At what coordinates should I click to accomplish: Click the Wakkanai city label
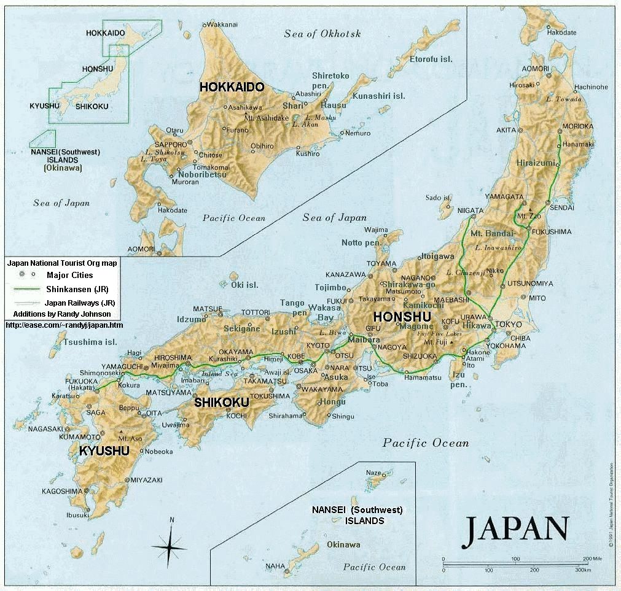coord(222,25)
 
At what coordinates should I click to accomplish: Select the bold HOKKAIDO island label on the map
coord(232,87)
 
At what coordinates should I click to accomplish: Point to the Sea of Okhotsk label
coord(322,34)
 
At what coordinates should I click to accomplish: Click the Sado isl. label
coord(439,198)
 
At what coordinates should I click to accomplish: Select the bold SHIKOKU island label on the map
coord(221,403)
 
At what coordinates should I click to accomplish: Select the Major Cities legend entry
coord(69,276)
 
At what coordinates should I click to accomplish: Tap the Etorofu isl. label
coord(431,59)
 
